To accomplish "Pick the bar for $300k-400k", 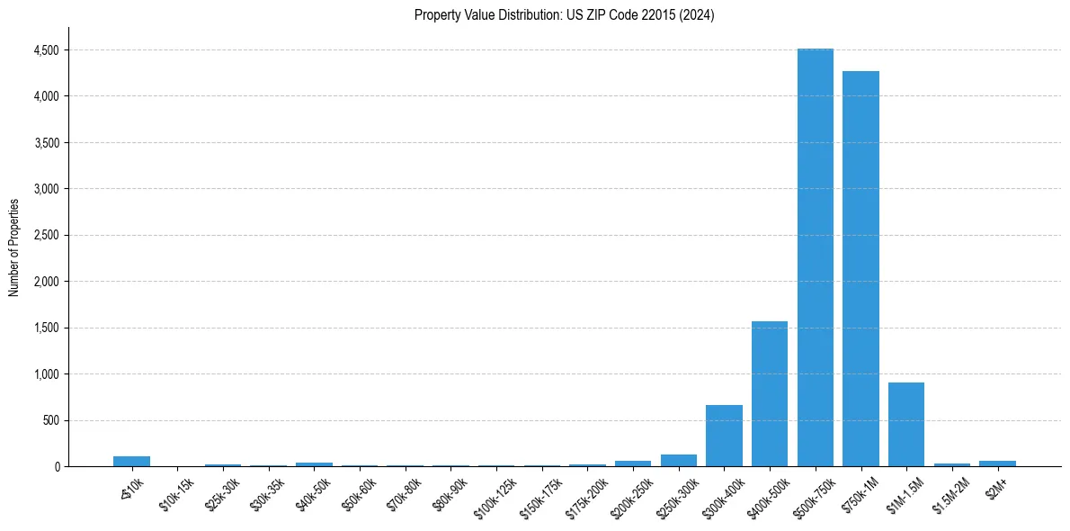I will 724,436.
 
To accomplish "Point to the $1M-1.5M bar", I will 906,424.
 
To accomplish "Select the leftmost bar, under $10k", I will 131,462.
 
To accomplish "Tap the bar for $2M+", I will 997,463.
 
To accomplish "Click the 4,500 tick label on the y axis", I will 45,50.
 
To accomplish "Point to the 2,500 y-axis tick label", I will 45,236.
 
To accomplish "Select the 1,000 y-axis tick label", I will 45,374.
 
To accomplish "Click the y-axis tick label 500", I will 50,420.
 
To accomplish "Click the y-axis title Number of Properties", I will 14,247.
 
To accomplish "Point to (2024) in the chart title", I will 698,15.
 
